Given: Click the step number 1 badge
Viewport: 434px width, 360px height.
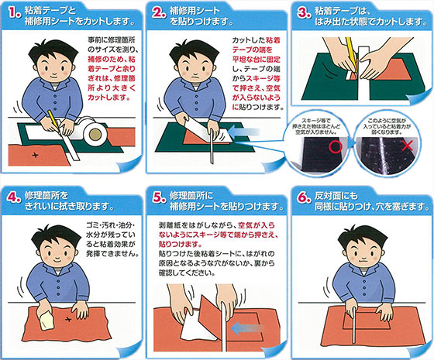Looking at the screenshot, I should click(x=12, y=13).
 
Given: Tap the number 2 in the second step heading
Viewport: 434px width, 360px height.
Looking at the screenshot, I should click(x=159, y=13).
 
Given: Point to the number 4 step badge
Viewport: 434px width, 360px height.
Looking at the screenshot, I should click(x=12, y=194).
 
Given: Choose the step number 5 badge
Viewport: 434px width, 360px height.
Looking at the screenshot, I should click(x=159, y=194).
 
